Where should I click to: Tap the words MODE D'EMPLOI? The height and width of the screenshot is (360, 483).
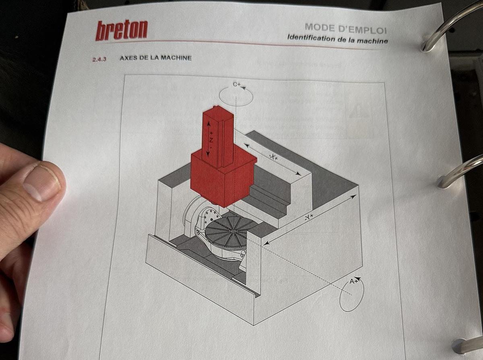click(345, 28)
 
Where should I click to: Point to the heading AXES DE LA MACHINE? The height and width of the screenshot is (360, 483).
click(155, 58)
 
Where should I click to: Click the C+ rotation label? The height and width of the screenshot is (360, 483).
click(237, 85)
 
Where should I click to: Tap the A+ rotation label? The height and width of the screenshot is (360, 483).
click(354, 282)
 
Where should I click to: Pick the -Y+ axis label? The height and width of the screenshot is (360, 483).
click(310, 218)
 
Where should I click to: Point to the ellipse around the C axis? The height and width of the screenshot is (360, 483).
click(236, 96)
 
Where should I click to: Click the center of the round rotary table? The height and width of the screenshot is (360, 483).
click(233, 230)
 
